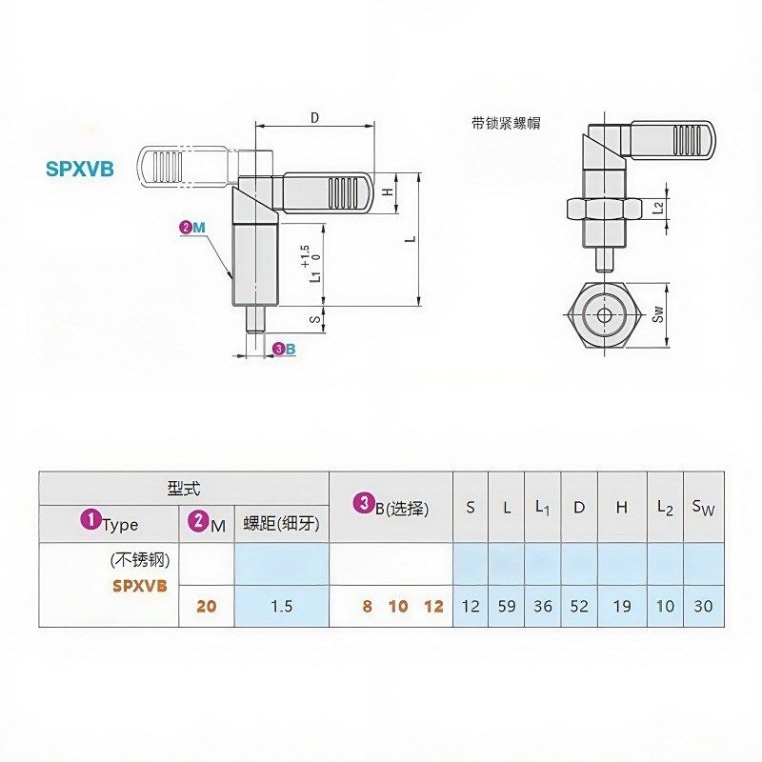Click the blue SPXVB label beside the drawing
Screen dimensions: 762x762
[80, 170]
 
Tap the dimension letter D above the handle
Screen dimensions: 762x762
[314, 117]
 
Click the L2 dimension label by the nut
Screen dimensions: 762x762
[658, 208]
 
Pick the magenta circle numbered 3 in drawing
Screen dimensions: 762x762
[277, 350]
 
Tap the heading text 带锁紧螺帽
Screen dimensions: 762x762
[505, 123]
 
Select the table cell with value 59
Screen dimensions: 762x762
[506, 607]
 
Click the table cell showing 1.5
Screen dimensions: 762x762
[281, 607]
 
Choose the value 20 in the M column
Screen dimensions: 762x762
[206, 607]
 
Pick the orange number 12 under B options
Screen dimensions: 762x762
[433, 607]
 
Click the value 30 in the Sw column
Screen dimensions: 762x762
[702, 607]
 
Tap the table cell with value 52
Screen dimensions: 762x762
[578, 607]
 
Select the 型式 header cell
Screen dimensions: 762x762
[183, 489]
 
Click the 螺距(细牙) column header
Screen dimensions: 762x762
[281, 523]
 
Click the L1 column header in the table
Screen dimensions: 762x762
[542, 508]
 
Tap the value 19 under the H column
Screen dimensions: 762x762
[621, 607]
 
